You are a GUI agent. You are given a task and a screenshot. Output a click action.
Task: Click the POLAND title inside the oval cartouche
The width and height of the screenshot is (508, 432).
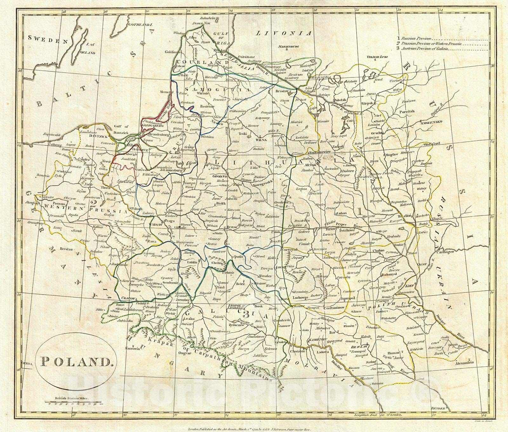pyautogui.click(x=77, y=361)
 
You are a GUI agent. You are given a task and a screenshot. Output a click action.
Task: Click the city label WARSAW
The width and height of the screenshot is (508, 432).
pyautogui.click(x=156, y=224)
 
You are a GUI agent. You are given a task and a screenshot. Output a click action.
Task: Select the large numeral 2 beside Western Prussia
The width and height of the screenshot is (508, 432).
pyautogui.click(x=93, y=203)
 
